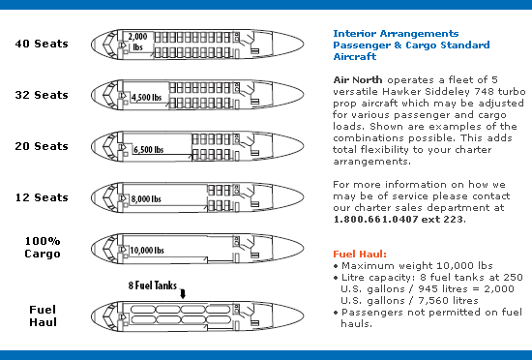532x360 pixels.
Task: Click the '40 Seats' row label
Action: pos(42,44)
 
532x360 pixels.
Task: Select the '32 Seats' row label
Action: pos(42,95)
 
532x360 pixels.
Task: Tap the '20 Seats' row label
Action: pos(42,146)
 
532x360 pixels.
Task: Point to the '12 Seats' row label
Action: pos(42,197)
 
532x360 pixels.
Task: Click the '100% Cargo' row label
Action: pos(43,248)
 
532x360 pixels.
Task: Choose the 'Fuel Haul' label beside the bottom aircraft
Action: pos(43,315)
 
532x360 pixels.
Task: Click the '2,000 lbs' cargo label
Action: pos(137,42)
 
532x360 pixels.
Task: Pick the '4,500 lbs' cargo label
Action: pos(147,98)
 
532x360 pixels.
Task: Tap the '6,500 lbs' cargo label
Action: pos(148,149)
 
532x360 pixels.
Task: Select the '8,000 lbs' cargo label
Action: pos(146,198)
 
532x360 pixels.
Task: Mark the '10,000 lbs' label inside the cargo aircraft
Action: pos(147,251)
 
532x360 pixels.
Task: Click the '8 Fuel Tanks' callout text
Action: pos(152,285)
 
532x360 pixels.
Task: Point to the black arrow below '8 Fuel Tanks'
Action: pos(183,294)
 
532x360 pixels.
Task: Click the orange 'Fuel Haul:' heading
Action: pos(360,255)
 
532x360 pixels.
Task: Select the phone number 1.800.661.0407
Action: pos(375,219)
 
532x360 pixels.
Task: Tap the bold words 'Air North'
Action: pos(358,80)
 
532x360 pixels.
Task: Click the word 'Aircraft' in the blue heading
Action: pos(355,57)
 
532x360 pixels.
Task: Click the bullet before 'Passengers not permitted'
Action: pos(336,313)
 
